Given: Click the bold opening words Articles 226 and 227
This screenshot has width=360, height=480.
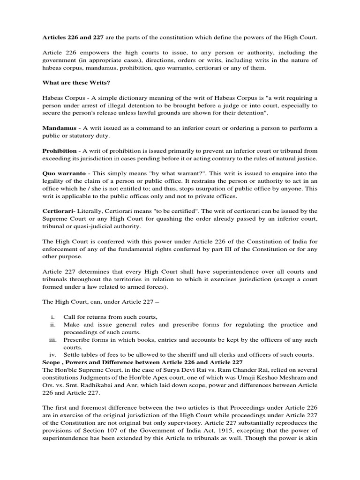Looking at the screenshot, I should click(73, 37).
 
